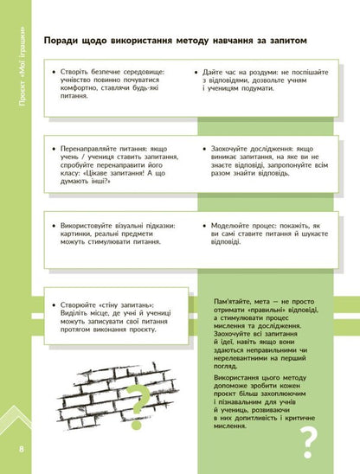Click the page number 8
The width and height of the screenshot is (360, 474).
click(x=21, y=449)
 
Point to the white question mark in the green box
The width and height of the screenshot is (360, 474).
click(x=309, y=442)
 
